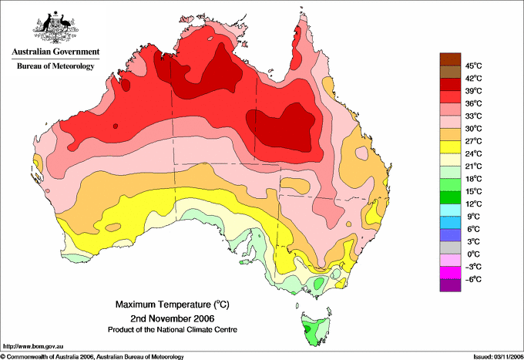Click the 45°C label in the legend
coord(473,66)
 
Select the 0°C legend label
coord(475,254)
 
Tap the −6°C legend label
coord(474,279)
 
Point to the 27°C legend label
coord(473,140)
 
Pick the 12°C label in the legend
coord(473,204)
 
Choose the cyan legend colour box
coord(449,210)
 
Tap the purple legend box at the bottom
coord(449,285)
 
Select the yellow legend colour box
coord(449,147)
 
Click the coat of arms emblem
coord(55,26)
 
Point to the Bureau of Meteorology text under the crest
coord(55,66)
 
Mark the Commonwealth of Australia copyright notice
coord(92,356)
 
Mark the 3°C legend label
coord(475,241)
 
